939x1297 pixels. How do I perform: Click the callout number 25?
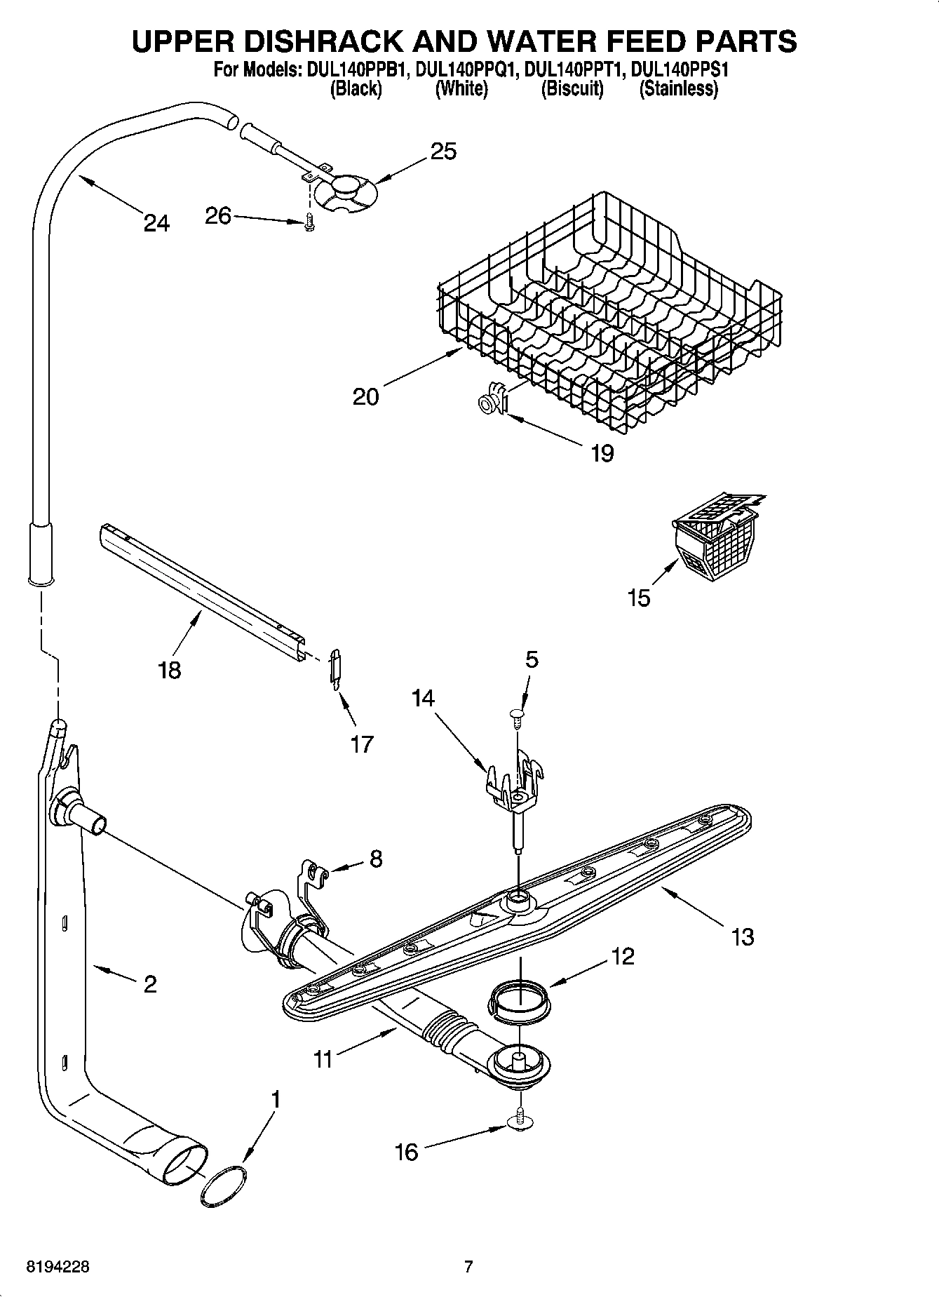point(443,152)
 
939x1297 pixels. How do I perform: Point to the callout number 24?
point(156,223)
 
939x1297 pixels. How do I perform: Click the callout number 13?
point(742,936)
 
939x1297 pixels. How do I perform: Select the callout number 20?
point(365,397)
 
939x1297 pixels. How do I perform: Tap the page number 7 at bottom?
point(468,1267)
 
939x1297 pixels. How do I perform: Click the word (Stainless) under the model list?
point(678,89)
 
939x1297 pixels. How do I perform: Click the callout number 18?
point(170,669)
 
